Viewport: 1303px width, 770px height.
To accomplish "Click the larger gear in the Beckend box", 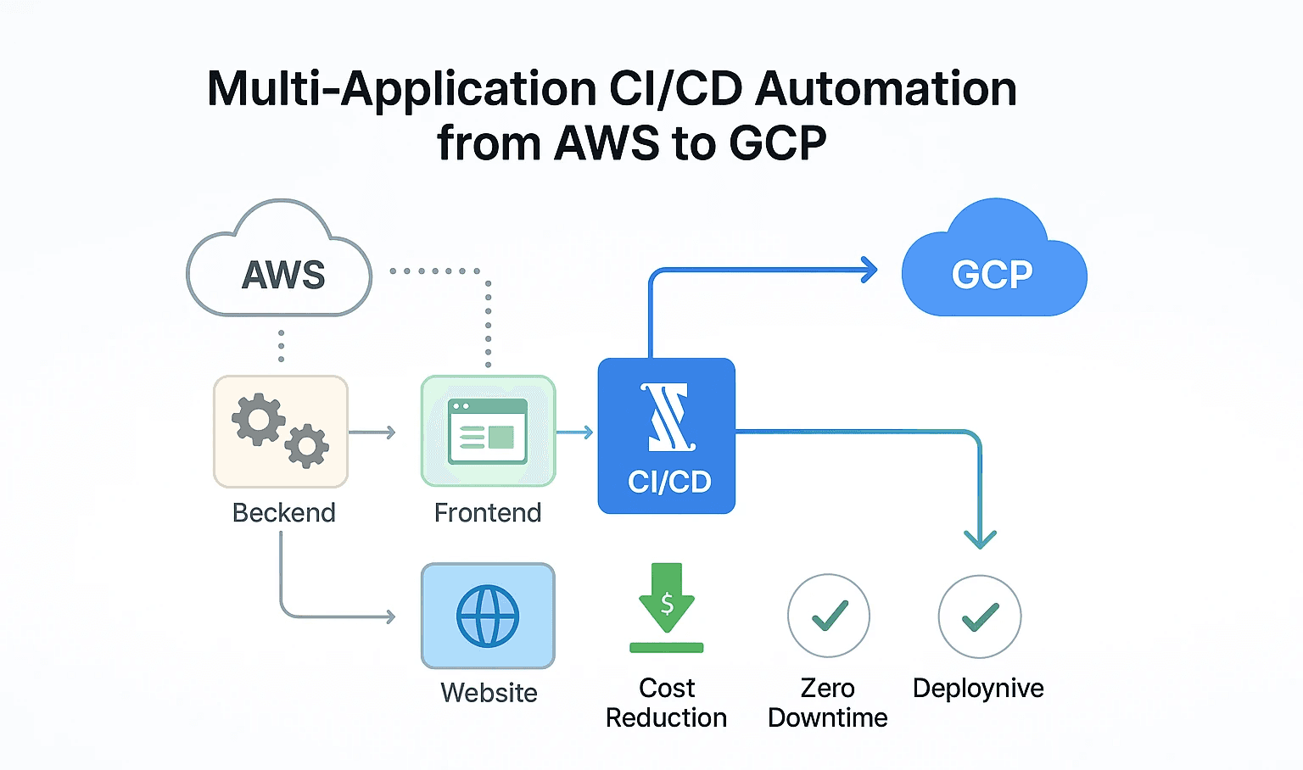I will [258, 419].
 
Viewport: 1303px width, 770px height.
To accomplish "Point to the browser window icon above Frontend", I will [488, 432].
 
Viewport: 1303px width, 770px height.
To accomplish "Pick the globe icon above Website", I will [488, 616].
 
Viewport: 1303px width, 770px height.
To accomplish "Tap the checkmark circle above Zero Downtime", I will [829, 616].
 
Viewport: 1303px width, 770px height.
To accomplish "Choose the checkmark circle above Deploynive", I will [980, 617].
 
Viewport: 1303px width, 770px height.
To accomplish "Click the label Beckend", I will [284, 513].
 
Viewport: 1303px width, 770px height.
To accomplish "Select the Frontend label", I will [488, 513].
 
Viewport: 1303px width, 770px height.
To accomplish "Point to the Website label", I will [489, 693].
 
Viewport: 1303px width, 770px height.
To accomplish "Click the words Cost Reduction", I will [667, 703].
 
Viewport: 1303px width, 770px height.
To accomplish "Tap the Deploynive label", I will [978, 689].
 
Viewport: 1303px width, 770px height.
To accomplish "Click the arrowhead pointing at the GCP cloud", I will [870, 271].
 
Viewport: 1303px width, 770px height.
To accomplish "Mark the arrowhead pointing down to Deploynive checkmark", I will [981, 539].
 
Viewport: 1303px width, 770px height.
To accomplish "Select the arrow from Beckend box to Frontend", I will [372, 433].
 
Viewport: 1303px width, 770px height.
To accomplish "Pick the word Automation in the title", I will [886, 89].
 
